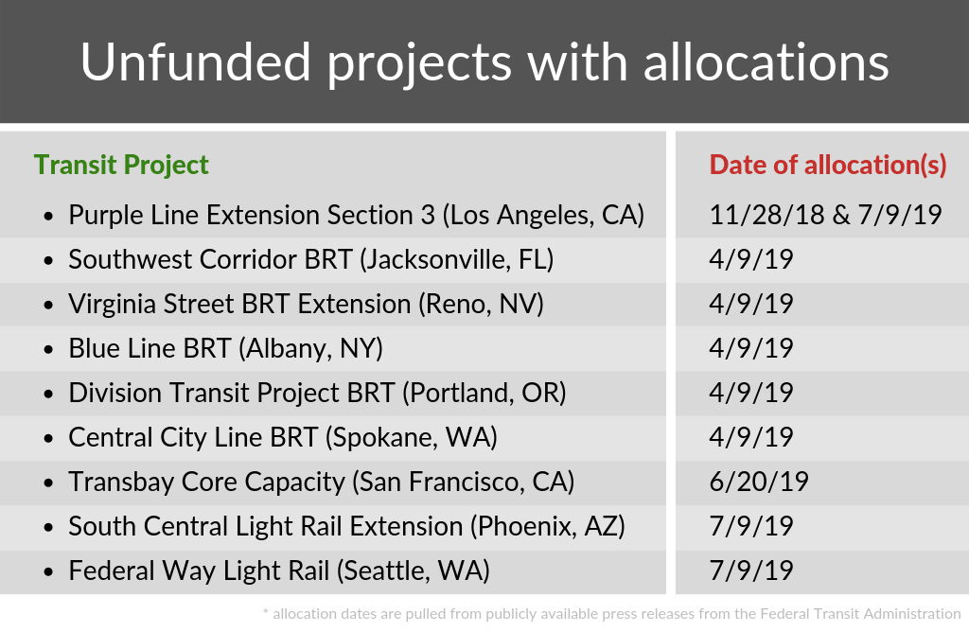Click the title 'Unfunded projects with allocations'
(x=484, y=62)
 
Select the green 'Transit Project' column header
(x=121, y=165)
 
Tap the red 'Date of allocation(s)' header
(x=828, y=165)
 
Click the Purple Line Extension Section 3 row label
(x=356, y=215)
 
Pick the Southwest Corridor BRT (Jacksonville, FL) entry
(x=310, y=259)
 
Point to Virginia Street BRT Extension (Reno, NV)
(x=306, y=304)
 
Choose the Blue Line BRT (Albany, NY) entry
(x=225, y=348)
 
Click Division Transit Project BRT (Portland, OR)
(x=317, y=393)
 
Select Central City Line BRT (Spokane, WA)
(x=283, y=437)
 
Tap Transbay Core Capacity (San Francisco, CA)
(x=321, y=482)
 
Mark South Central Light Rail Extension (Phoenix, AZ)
(x=346, y=526)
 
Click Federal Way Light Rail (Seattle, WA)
(x=278, y=571)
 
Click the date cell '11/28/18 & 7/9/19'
(x=825, y=215)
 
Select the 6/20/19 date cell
(x=759, y=482)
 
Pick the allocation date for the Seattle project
(x=751, y=571)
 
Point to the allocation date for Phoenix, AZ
(x=751, y=526)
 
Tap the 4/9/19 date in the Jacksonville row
(x=751, y=259)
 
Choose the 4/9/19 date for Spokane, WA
(x=751, y=437)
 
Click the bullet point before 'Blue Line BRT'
(x=48, y=349)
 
